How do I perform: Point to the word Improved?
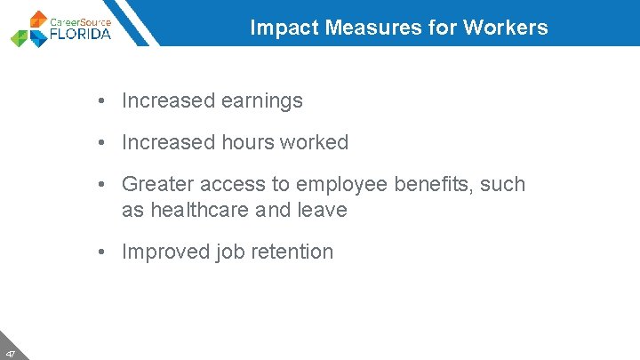coord(166,252)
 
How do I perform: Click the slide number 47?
coord(10,353)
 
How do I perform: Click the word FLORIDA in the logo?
coord(82,35)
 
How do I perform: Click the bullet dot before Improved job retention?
coord(104,252)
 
